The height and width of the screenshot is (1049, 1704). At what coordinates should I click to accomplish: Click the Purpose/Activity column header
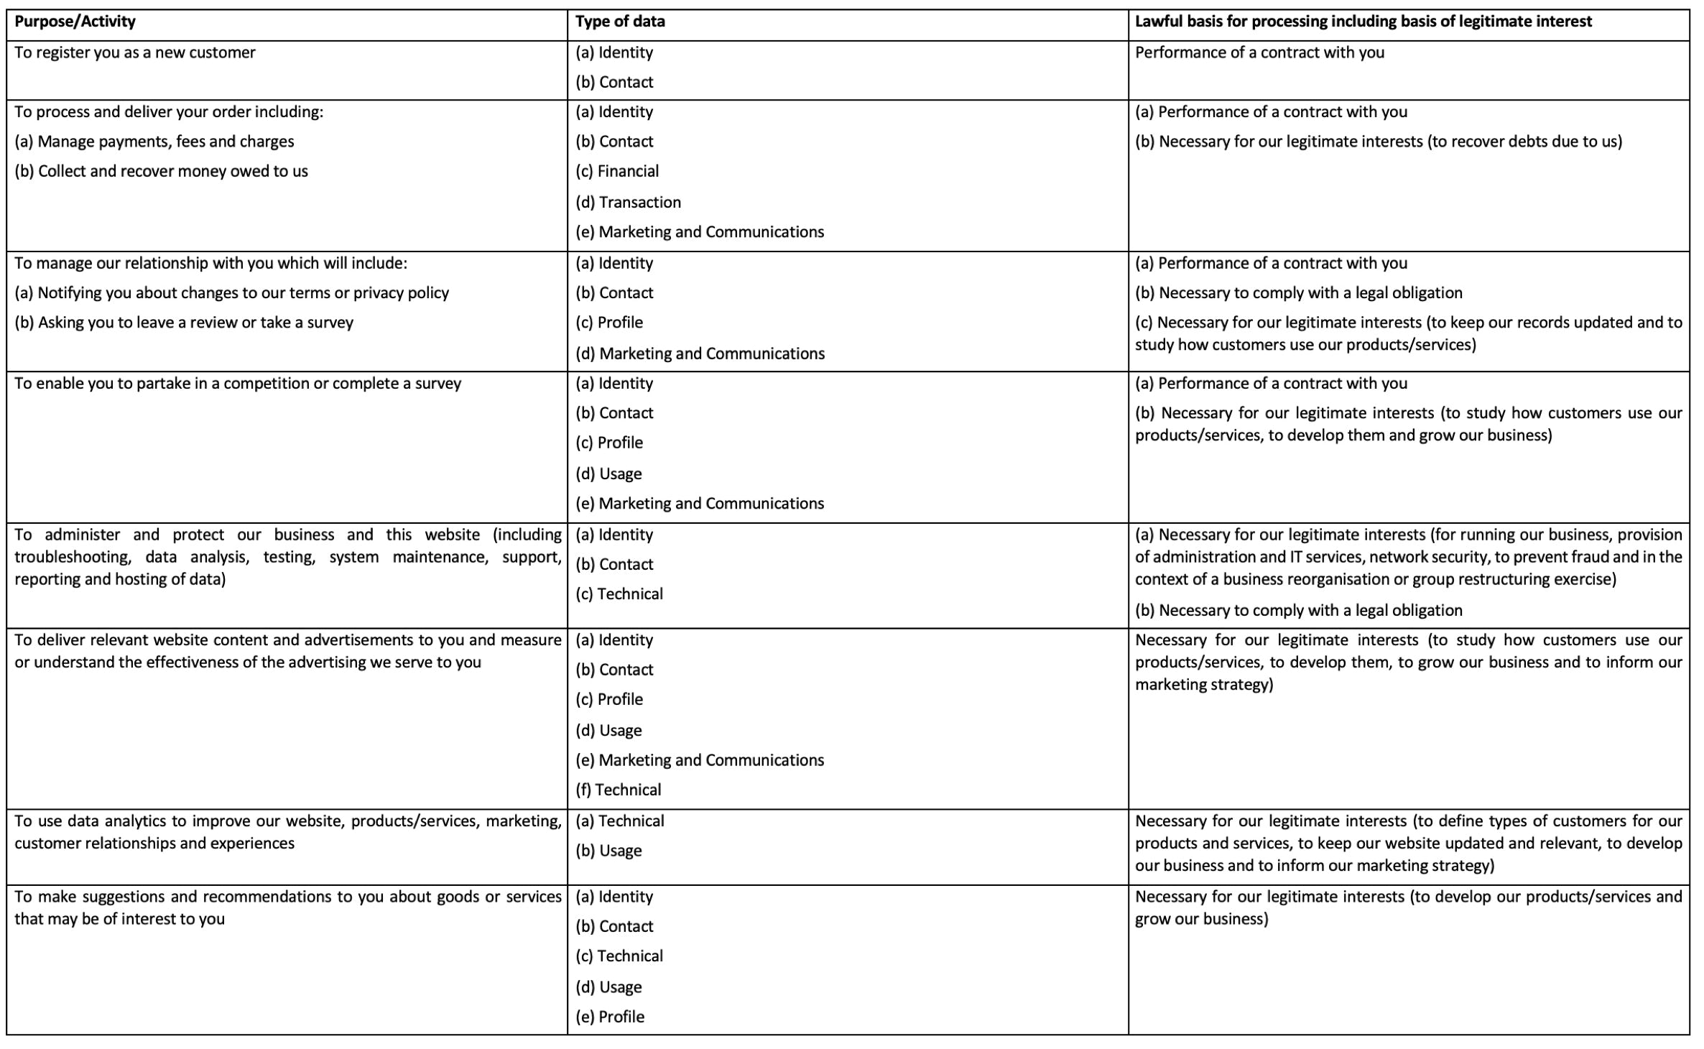(x=75, y=22)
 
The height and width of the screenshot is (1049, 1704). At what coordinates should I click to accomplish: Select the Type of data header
(x=620, y=22)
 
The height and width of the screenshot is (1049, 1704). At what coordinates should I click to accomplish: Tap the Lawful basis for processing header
(x=1363, y=22)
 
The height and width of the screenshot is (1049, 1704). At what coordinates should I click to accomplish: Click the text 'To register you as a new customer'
(x=135, y=52)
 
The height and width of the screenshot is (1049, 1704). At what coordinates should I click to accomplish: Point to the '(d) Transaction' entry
(x=628, y=202)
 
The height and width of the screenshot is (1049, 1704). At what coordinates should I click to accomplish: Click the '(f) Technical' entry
(x=618, y=790)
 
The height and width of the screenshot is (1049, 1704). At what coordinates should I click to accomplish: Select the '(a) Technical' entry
(x=619, y=821)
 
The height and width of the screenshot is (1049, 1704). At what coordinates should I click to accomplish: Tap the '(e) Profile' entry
(x=610, y=1017)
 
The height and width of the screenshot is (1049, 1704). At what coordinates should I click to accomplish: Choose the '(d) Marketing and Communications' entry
(x=700, y=353)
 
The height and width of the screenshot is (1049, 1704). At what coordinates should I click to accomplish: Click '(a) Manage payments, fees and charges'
(x=154, y=142)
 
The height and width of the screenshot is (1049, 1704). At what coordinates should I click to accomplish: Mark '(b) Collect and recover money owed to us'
(x=161, y=171)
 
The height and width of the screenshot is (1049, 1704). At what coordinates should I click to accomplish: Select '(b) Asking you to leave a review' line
(x=184, y=323)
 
